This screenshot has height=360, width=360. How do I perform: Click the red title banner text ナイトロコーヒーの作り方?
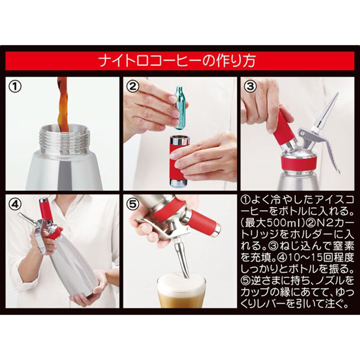point(177,61)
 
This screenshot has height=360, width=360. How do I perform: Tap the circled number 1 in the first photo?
point(15,86)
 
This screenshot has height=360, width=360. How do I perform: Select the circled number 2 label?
point(133,86)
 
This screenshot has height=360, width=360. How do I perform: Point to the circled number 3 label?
point(250,86)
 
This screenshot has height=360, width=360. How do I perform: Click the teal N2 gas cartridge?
point(181,107)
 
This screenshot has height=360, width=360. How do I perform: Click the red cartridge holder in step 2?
point(179,161)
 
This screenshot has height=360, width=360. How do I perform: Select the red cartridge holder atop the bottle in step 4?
point(44,211)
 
